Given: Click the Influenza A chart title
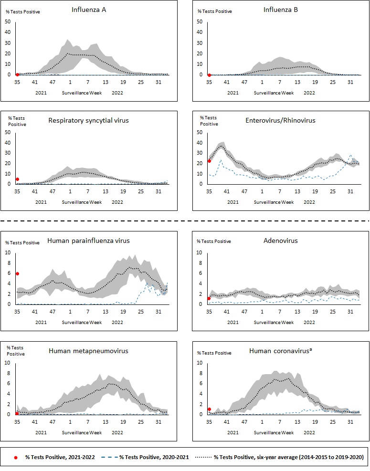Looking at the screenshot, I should (88, 10).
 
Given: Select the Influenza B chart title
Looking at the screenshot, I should (281, 10).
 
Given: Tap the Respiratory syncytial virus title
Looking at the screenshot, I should (88, 120).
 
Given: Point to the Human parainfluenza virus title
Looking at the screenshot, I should (88, 241).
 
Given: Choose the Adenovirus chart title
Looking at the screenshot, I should (281, 241).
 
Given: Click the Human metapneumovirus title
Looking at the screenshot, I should (88, 351).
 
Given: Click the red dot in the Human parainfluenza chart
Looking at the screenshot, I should (17, 273).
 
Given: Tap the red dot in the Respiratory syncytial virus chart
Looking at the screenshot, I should (17, 179).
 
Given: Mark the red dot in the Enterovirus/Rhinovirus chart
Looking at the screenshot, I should (209, 161).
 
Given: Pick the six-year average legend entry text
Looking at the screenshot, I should (288, 457).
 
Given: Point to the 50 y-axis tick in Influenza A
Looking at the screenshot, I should (8, 21).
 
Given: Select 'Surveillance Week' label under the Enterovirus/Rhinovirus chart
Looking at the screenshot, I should (274, 202).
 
